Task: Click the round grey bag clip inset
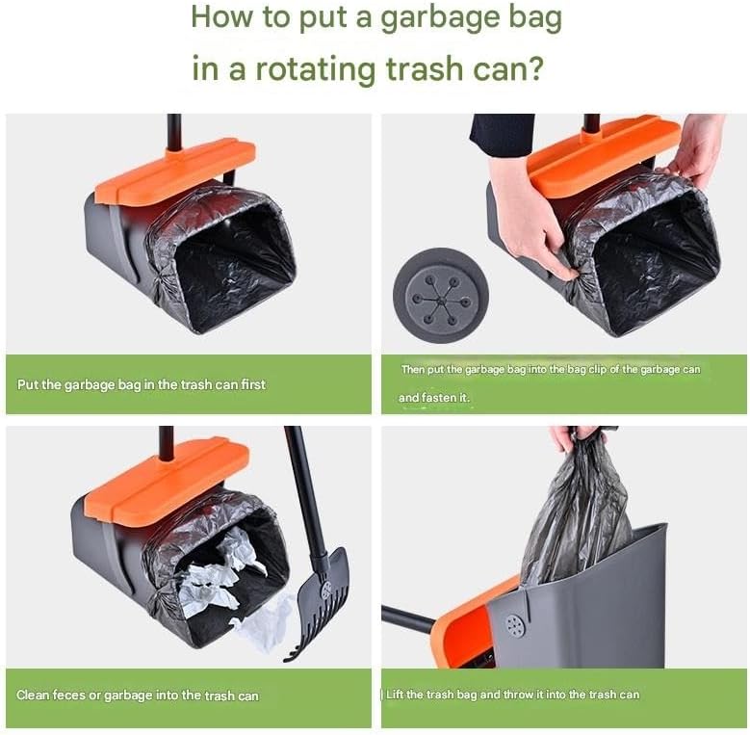click(440, 295)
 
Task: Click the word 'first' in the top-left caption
click(248, 384)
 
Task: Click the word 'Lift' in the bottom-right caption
click(398, 694)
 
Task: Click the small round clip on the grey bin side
click(515, 625)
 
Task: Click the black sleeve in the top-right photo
click(501, 134)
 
